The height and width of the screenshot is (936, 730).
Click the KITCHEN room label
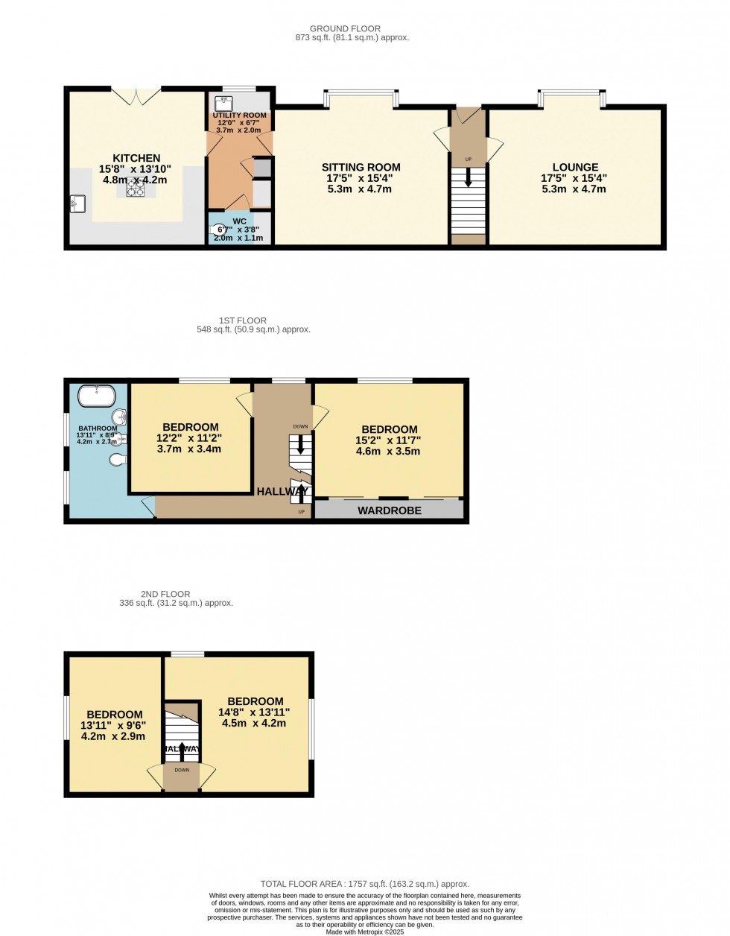pos(136,158)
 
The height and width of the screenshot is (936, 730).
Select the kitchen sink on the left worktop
pos(77,203)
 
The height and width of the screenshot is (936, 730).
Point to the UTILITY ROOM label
pos(239,115)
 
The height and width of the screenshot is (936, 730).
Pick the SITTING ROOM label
pos(361,167)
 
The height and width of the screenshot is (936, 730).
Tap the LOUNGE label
pos(575,167)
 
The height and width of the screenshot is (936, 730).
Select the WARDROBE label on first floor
pos(390,510)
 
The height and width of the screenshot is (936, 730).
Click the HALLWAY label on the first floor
pos(282,492)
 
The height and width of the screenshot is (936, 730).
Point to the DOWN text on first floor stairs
pos(300,427)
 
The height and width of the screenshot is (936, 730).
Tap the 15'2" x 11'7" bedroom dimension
pos(389,440)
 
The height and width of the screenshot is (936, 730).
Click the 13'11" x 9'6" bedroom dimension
pos(114,725)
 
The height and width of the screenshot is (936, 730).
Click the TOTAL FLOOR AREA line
pos(364,884)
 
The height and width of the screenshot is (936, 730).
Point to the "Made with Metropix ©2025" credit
pos(365,932)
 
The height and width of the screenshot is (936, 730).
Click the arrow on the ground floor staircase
pos(468,178)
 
